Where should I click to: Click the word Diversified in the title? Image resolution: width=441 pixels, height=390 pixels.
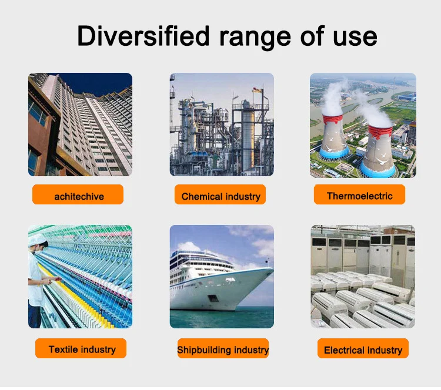click(143, 36)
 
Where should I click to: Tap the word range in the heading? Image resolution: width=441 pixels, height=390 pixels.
click(255, 38)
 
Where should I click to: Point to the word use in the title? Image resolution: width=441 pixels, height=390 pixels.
click(355, 38)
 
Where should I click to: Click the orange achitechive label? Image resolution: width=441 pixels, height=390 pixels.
click(78, 194)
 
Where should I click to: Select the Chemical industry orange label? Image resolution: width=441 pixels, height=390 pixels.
click(220, 194)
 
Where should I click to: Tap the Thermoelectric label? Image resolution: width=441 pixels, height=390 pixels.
click(359, 194)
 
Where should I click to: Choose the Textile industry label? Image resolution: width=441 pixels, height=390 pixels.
click(81, 348)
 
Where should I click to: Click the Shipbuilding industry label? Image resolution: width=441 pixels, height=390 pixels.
click(223, 348)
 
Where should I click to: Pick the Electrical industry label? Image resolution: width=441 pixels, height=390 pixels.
click(363, 348)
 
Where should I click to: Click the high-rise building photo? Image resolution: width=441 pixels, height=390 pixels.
click(80, 125)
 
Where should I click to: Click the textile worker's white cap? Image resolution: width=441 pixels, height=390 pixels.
click(38, 240)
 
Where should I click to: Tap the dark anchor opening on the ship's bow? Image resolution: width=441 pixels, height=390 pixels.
click(213, 298)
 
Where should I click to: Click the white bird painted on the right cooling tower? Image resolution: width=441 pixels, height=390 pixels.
click(382, 162)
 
